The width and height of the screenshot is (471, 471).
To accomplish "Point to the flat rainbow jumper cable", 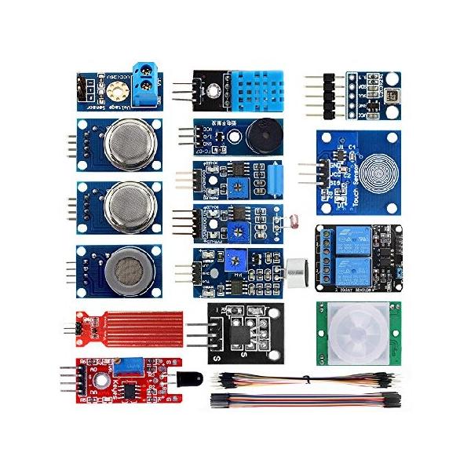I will pos(306,399).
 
